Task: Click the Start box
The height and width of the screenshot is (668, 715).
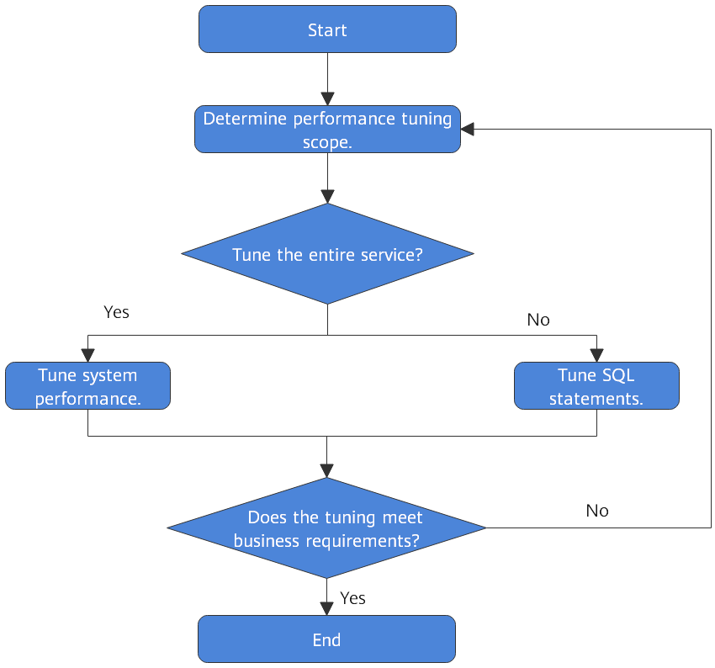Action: click(x=327, y=30)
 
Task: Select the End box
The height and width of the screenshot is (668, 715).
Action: click(x=327, y=639)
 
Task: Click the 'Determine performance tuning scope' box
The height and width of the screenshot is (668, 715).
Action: click(x=327, y=130)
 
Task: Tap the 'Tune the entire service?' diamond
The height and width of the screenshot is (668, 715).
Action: click(x=327, y=254)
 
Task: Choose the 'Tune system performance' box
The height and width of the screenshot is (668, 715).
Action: click(x=87, y=386)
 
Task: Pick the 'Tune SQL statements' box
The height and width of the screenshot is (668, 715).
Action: click(x=596, y=386)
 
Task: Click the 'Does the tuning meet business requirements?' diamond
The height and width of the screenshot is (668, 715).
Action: click(x=327, y=528)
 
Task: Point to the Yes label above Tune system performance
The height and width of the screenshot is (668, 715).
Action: click(x=116, y=312)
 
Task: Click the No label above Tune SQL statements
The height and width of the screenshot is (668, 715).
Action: click(x=538, y=320)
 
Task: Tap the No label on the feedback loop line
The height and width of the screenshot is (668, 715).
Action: click(x=597, y=511)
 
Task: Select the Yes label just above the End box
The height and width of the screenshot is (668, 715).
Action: click(x=352, y=598)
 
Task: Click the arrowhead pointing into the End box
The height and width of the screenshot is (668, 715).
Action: click(x=327, y=608)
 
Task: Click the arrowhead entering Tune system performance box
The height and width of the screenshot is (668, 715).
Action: click(x=87, y=355)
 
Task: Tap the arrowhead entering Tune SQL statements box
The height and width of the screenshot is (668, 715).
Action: click(x=596, y=355)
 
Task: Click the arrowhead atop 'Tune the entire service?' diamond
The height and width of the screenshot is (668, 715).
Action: click(x=327, y=196)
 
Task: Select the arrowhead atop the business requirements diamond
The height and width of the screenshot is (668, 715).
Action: click(x=327, y=471)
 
